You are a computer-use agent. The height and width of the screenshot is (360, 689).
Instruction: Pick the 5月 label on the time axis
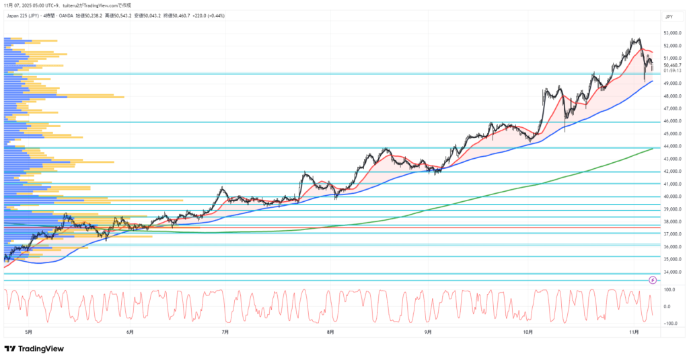click(28, 331)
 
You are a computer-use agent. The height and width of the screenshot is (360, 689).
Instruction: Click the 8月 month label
click(330, 331)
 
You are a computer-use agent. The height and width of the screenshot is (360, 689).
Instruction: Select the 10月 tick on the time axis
click(528, 331)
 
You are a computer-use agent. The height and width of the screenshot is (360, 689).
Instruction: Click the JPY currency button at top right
click(669, 15)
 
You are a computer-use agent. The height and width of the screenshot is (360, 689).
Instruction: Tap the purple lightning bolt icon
click(652, 279)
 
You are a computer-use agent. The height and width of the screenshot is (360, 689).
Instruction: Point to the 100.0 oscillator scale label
click(669, 290)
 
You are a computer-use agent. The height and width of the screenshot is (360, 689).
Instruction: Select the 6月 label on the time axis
click(129, 331)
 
